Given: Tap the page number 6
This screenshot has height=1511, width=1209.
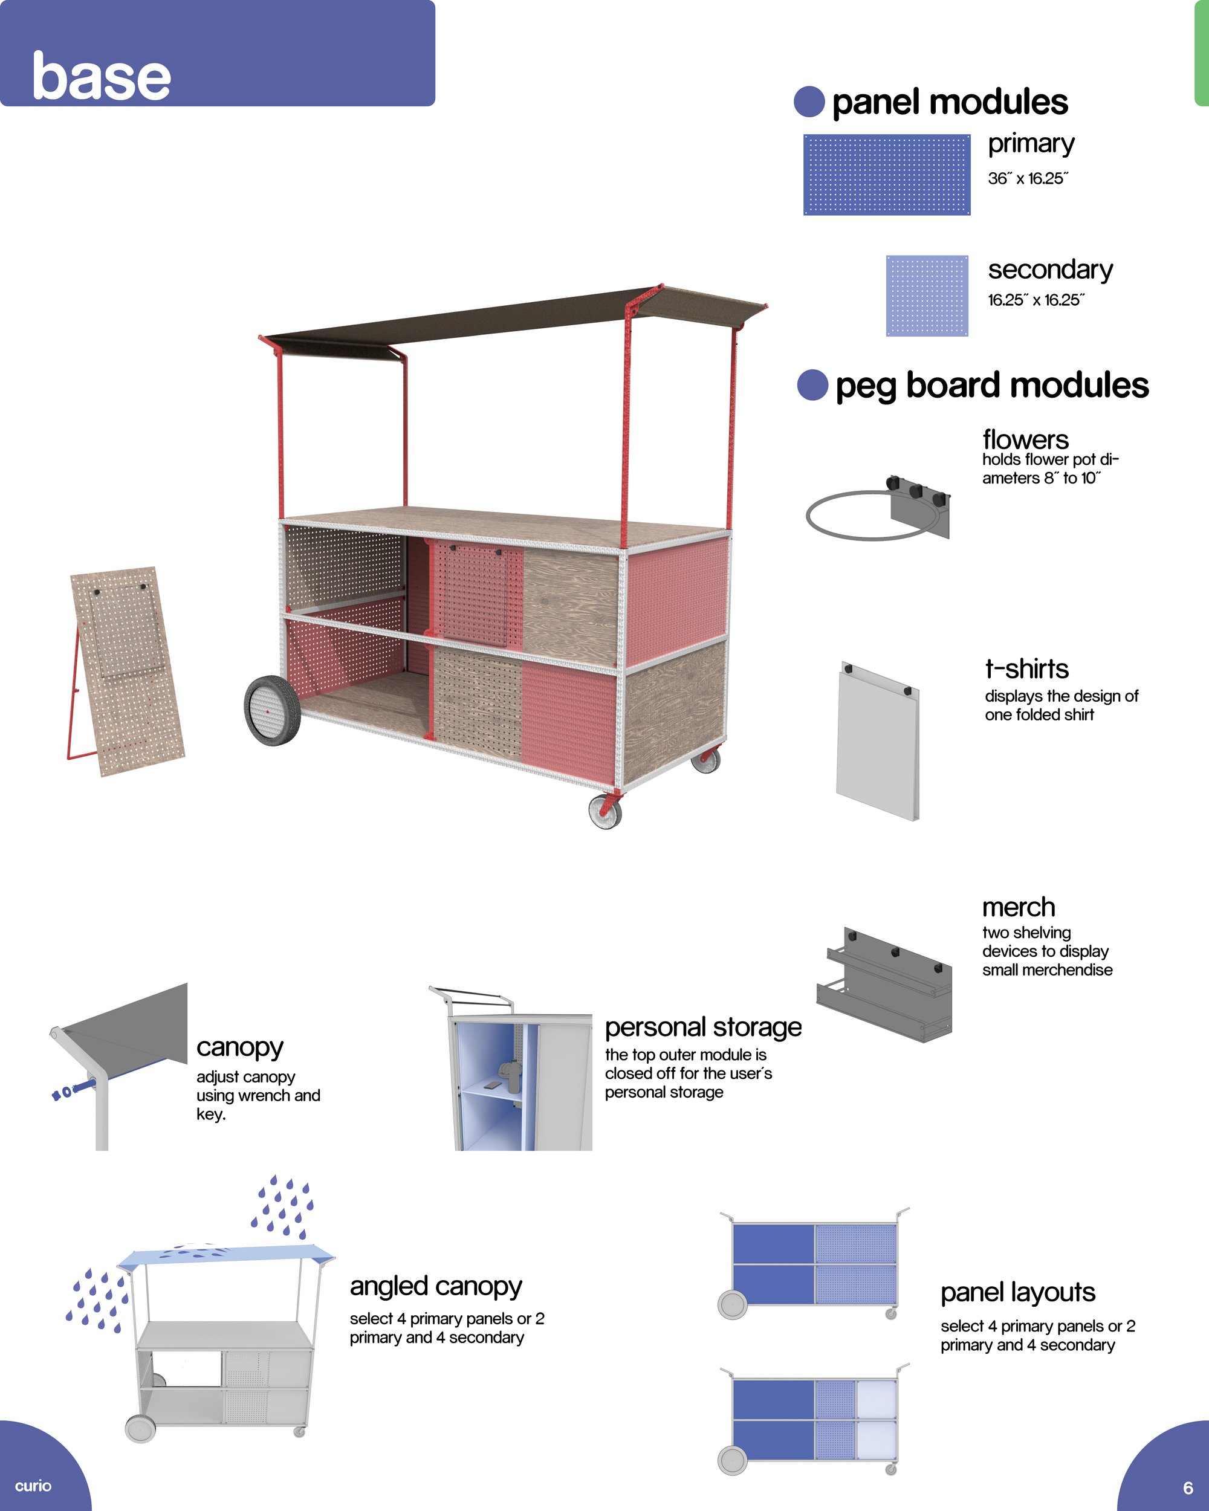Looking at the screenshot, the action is [1188, 1488].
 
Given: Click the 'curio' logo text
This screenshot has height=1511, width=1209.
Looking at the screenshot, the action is [33, 1486].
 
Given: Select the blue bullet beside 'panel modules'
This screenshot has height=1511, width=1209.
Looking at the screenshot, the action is [809, 102].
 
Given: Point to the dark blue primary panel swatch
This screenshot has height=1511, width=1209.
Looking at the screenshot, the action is [887, 175].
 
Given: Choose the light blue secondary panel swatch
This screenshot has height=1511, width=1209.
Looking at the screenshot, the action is [927, 296].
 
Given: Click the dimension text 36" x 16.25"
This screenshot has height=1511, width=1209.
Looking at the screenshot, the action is [1028, 179].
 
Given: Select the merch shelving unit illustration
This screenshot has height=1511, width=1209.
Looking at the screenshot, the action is [884, 984].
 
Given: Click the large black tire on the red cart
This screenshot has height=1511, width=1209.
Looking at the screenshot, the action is [272, 711].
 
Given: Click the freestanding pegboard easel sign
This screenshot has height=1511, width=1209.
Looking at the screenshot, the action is [126, 671].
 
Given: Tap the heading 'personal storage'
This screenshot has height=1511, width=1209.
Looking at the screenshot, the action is [703, 1027].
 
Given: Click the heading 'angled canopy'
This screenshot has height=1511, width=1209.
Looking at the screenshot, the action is [436, 1286].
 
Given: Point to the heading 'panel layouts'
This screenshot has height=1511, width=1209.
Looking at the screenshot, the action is [1017, 1292].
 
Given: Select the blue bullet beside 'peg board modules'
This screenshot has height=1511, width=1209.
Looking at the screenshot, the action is [813, 385].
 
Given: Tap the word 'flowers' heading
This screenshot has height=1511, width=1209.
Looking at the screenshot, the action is [1025, 439].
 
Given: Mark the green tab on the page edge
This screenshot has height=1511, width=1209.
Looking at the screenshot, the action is [1201, 53].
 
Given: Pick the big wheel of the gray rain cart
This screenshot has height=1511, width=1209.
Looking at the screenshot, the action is [140, 1428].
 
